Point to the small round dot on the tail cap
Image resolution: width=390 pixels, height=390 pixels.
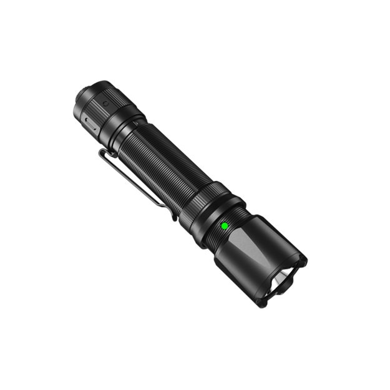point(105,103)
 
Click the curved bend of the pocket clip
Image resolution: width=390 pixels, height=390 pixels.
point(104,154)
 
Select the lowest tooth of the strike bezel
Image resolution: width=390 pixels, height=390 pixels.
point(263,303)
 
